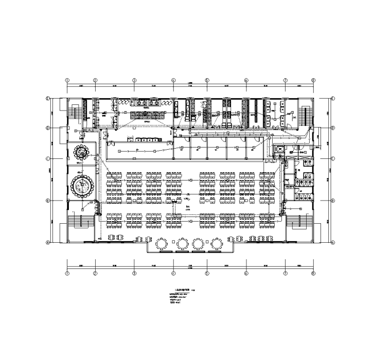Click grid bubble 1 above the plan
click(67, 80)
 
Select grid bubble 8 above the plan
click(313, 80)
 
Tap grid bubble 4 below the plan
click(173, 274)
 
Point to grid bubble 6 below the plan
click(246, 274)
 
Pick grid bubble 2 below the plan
click(95, 274)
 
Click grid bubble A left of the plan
click(47, 242)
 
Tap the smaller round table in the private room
click(81, 151)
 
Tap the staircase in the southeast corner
click(301, 222)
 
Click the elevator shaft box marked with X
click(280, 148)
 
